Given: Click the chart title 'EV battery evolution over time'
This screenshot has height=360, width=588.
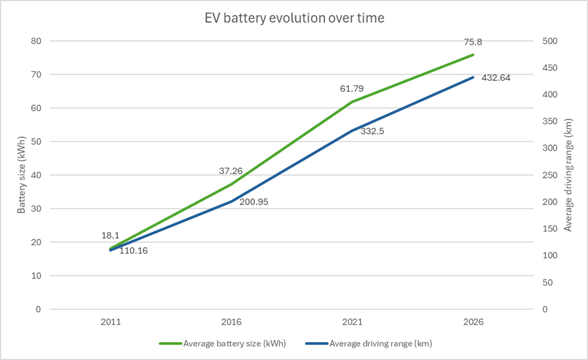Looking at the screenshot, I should (x=294, y=18).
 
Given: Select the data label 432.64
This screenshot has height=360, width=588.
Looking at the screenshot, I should (x=495, y=78).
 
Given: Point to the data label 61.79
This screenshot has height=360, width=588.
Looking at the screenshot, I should (x=352, y=88).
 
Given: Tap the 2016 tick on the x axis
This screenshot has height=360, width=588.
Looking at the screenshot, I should (x=231, y=322).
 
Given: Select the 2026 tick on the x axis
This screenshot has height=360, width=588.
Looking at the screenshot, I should (x=473, y=322).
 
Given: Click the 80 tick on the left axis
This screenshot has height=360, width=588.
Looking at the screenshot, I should (x=37, y=41).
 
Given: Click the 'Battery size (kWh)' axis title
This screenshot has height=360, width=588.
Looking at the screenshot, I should (x=21, y=175).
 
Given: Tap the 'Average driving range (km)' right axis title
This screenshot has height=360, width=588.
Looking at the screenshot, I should (x=567, y=175).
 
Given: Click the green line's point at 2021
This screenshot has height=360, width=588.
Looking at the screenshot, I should (x=352, y=102).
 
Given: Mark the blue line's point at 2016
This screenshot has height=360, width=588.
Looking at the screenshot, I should (x=231, y=201).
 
